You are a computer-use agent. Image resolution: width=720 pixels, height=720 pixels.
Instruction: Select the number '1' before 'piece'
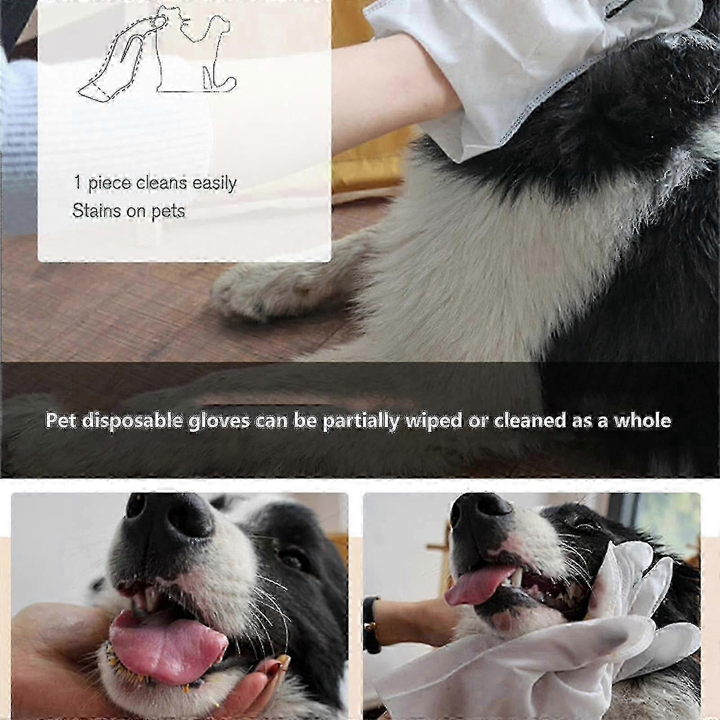click(77, 182)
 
